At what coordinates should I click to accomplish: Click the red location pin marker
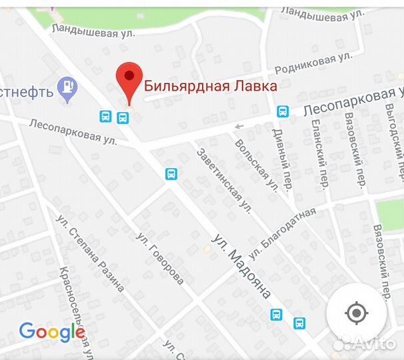click(x=129, y=81)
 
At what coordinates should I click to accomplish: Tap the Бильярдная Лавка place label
click(x=211, y=86)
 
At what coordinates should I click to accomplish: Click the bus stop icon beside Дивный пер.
click(x=283, y=111)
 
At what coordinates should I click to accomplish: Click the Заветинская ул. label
click(x=223, y=181)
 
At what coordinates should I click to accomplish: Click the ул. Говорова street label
click(x=159, y=259)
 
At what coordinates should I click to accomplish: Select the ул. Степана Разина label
click(x=91, y=253)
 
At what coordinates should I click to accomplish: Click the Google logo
click(x=51, y=331)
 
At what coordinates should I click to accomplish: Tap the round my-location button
click(x=357, y=313)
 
